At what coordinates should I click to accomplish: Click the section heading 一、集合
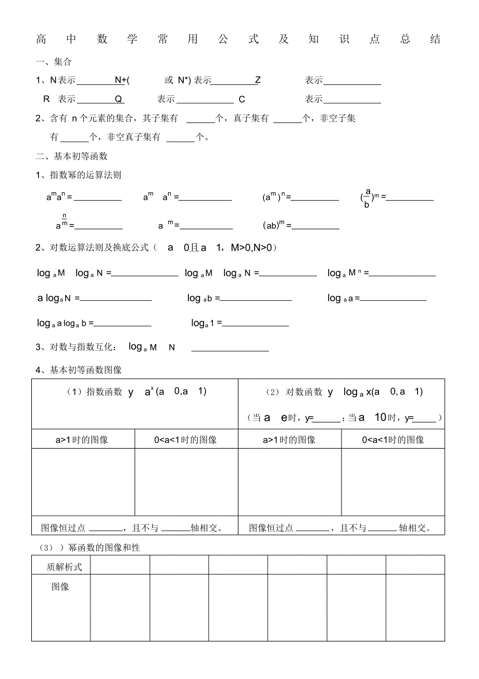(x=54, y=62)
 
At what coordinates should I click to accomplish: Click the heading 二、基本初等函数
(x=71, y=156)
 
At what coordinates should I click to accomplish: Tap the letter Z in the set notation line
(x=258, y=80)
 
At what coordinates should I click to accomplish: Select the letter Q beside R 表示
(x=118, y=99)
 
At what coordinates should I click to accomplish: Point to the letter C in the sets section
(x=242, y=99)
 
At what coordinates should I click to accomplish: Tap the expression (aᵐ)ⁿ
(x=274, y=197)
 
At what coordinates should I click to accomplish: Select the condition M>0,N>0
(x=251, y=248)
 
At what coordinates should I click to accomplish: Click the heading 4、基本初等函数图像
(x=79, y=370)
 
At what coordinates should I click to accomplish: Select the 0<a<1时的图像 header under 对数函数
(x=393, y=440)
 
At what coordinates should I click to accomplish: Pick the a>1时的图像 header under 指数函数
(x=82, y=440)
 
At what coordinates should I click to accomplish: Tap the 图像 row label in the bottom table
(x=60, y=587)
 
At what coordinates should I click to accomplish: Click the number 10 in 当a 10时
(x=380, y=417)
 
